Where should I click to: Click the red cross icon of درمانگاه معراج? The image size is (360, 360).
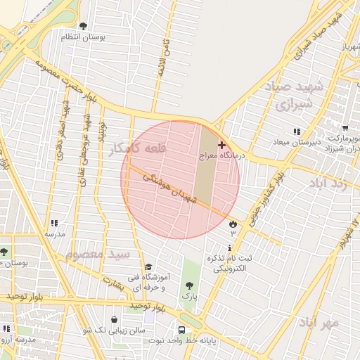point(222,144)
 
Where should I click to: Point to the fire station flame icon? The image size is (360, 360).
point(232,224)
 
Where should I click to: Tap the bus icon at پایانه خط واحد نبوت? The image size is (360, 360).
point(182,330)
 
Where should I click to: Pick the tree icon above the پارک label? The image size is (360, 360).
point(189,285)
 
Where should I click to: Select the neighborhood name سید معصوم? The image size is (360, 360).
point(98,253)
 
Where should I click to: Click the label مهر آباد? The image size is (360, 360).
point(319,323)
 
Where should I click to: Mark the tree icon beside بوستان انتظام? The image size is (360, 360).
point(83,26)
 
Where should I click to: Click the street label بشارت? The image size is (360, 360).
point(113,281)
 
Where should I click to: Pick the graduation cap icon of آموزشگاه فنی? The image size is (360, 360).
point(148,267)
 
